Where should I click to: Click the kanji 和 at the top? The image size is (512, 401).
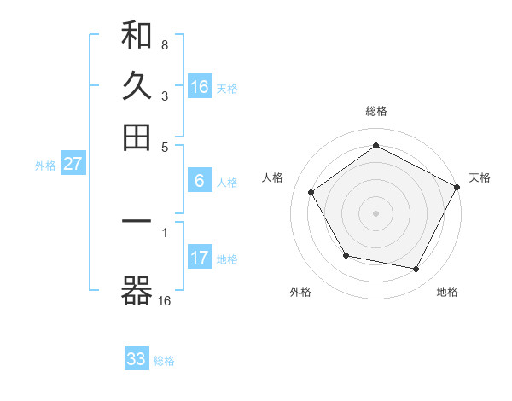point(137,37)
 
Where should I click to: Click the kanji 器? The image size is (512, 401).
point(137,293)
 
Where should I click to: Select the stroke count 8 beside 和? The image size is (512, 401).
point(164,44)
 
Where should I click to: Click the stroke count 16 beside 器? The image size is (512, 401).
point(165,300)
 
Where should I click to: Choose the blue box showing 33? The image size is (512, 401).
point(137,359)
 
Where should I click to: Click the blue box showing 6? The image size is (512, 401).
point(199,181)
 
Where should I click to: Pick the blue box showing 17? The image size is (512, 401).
point(200,258)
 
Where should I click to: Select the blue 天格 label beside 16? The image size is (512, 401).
point(227,88)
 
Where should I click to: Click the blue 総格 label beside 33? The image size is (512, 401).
point(164,361)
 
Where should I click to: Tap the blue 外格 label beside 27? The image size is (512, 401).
point(45,166)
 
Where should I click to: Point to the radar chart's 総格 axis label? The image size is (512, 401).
point(375,111)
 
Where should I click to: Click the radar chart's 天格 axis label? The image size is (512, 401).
point(480,177)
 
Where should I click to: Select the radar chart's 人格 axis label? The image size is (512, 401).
point(273,177)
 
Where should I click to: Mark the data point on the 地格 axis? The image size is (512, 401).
point(416,269)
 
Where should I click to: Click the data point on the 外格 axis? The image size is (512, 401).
point(346,255)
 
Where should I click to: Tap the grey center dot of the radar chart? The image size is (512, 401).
point(375,212)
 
